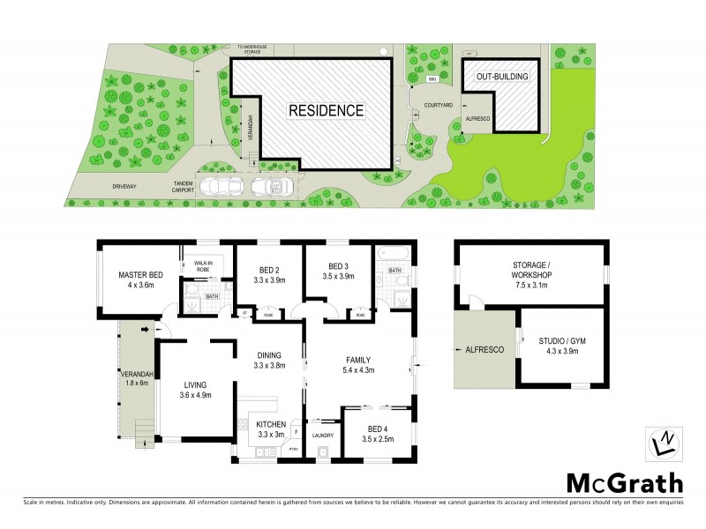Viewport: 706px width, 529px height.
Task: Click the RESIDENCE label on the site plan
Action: pos(326,111)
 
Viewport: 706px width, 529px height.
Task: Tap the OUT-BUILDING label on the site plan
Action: pos(503,78)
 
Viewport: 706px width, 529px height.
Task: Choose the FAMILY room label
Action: pos(357,359)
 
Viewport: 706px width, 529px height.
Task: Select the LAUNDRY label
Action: pos(321,435)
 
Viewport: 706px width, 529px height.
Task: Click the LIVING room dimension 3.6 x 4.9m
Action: pos(196,396)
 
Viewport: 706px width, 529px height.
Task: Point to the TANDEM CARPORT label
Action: pos(184,187)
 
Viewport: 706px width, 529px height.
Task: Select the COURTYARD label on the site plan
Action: pos(439,105)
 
